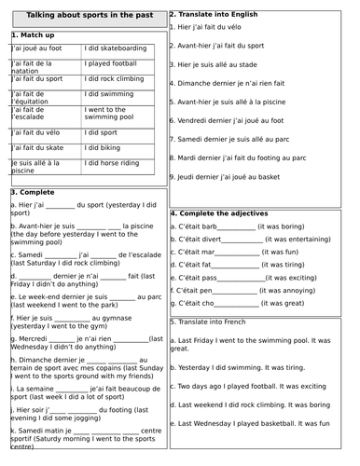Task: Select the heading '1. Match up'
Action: [36, 34]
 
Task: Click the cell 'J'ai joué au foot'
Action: [37, 48]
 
